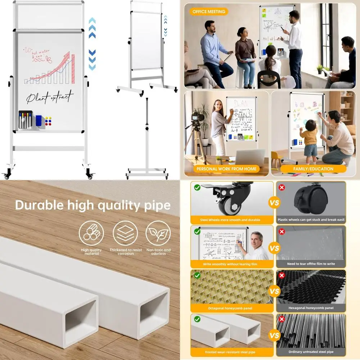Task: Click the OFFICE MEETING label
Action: [208, 12]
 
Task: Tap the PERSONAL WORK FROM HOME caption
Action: [226, 168]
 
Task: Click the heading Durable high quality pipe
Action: [93, 205]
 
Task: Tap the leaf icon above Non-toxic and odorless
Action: [158, 233]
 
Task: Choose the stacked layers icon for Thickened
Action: [125, 233]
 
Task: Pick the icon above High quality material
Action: [91, 233]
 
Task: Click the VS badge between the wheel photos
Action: [274, 203]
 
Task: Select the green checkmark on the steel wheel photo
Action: [197, 187]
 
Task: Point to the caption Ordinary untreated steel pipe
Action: [311, 352]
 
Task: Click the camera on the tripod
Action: [196, 116]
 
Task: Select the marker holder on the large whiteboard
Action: [26, 120]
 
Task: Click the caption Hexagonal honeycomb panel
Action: [311, 308]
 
